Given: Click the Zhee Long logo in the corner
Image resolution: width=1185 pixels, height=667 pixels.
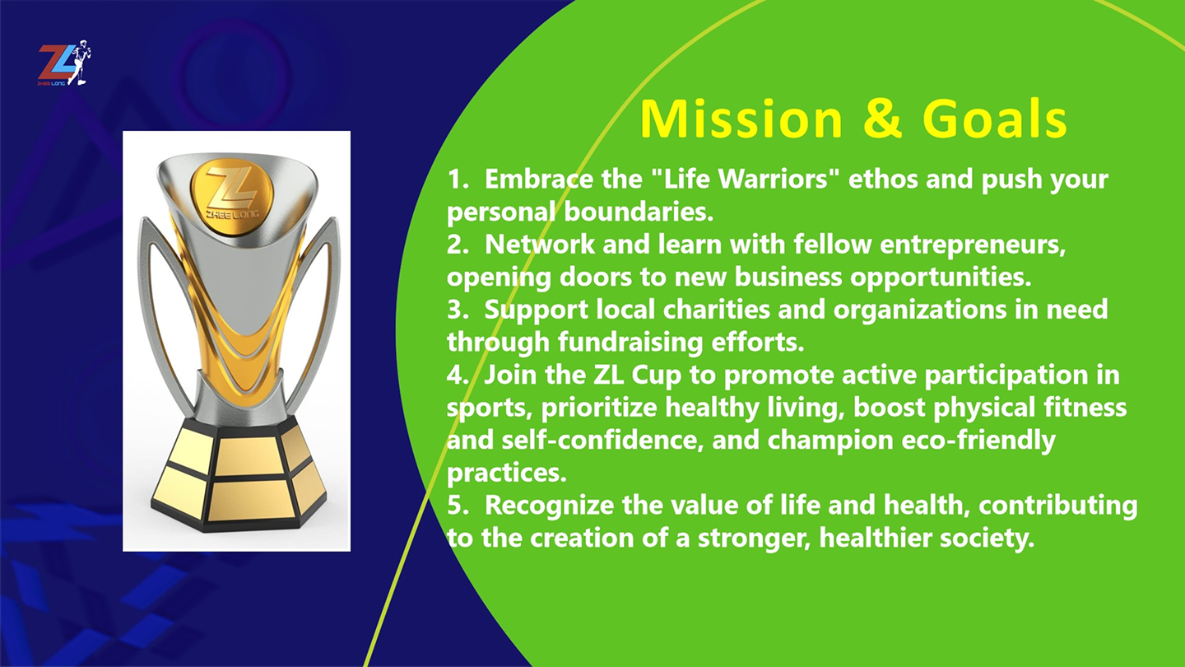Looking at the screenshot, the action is tap(64, 63).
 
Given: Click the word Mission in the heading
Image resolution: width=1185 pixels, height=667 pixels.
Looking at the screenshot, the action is tap(741, 119).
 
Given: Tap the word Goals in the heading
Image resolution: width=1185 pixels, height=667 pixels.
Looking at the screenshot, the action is tap(995, 119).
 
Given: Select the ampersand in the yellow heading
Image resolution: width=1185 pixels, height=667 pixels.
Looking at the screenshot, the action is tap(882, 119).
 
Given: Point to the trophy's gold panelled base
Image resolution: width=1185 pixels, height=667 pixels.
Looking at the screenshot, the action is tap(239, 473).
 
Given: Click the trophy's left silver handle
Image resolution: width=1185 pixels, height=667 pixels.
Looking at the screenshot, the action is tap(164, 312).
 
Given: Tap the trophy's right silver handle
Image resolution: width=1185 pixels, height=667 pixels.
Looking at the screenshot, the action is tap(314, 312).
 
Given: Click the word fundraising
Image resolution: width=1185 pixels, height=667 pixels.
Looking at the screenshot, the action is tap(630, 343).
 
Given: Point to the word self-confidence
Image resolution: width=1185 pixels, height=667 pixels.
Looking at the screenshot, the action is tap(602, 441).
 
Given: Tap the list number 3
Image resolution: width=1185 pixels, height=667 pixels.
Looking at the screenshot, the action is tap(454, 310).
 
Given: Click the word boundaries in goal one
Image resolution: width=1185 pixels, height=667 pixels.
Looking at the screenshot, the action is tap(639, 212).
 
